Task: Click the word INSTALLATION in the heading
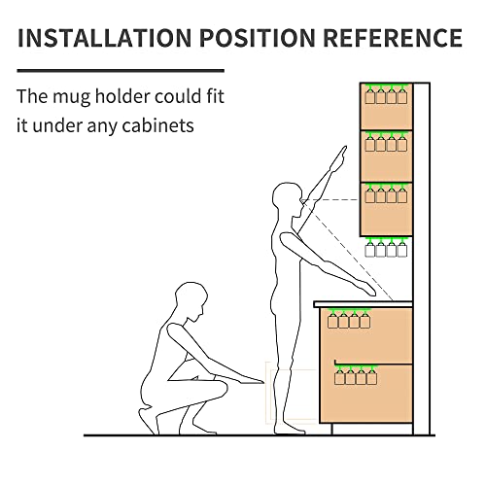105,38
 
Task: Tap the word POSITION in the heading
258,38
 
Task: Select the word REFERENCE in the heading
393,38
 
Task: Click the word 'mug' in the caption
71,97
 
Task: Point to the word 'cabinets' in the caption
157,125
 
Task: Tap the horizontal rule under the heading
121,70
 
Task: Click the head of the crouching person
191,301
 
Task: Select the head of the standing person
288,199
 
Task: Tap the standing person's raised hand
340,156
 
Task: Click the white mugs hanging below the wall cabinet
386,247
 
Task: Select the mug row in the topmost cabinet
386,94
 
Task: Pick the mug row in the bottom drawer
356,375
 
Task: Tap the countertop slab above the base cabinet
363,304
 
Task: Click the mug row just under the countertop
349,319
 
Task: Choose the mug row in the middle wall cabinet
386,142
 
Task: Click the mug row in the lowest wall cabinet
386,193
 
